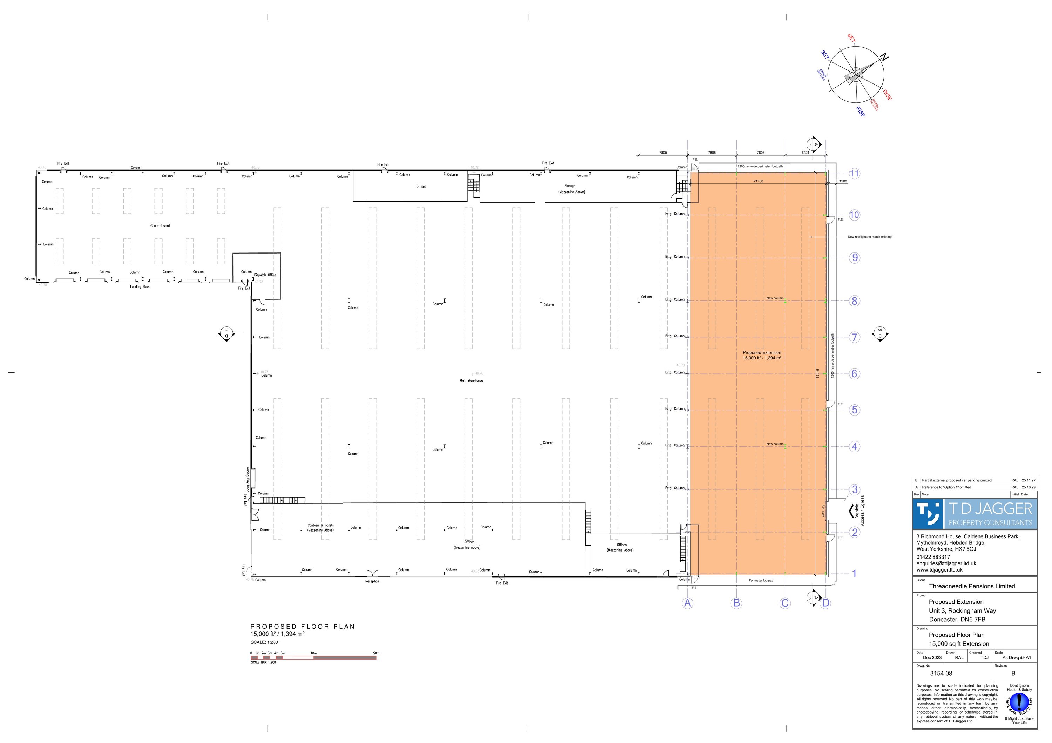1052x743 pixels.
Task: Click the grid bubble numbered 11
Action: click(854, 174)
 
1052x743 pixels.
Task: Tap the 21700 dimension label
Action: click(758, 181)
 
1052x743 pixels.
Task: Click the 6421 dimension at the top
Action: click(805, 153)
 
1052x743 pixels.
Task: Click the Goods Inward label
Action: click(160, 226)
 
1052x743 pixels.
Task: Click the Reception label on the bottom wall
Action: click(372, 581)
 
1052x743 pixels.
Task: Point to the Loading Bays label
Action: click(140, 287)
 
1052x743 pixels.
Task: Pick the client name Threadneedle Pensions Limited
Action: click(972, 586)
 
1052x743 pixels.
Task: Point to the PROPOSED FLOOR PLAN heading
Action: click(302, 627)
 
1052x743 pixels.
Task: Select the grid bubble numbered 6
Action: click(854, 374)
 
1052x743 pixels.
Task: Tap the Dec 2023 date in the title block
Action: click(932, 658)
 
